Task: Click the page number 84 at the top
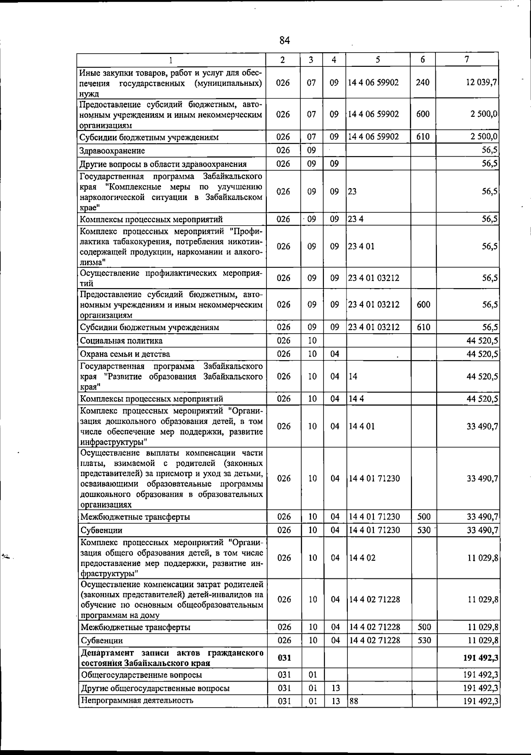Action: click(285, 40)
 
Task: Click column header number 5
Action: click(377, 60)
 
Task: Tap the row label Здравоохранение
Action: click(112, 151)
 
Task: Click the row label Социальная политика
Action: click(121, 341)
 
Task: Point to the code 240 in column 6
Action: click(423, 82)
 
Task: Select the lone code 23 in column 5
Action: click(352, 192)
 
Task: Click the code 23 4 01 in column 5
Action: click(361, 247)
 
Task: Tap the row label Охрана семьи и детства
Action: click(125, 354)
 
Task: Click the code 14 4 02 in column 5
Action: click(362, 558)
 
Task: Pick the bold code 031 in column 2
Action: click(284, 658)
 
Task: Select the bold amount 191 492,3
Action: click(481, 658)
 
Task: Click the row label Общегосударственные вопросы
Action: click(141, 675)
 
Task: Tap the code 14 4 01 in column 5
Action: click(362, 426)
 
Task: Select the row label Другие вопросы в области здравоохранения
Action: click(163, 164)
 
